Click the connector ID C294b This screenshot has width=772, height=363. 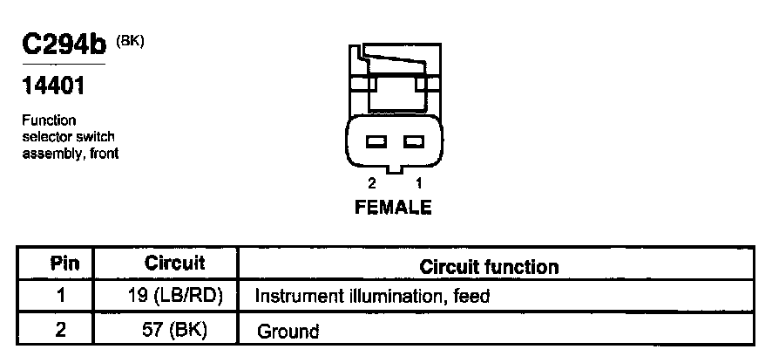tap(62, 45)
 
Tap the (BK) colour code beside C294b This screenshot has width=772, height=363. tap(130, 39)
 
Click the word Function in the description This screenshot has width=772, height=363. tap(49, 120)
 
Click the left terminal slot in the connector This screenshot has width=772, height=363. tap(376, 141)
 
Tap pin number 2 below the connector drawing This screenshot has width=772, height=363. tap(372, 183)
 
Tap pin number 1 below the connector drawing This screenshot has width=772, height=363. tap(418, 183)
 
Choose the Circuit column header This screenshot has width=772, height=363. tap(173, 264)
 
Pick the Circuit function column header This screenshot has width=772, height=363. tap(489, 266)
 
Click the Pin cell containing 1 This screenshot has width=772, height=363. tap(60, 297)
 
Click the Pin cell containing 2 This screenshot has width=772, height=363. tap(60, 331)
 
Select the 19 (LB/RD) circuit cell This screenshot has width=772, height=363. tap(173, 297)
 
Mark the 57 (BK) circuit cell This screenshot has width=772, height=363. tap(173, 331)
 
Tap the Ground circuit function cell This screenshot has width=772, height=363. tap(288, 332)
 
